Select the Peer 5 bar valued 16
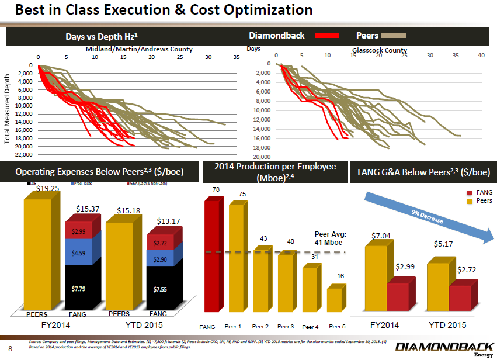point(333,300)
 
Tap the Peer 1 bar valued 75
point(235,257)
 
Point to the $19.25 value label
point(48,188)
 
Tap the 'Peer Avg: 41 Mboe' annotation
point(331,238)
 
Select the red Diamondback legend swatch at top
point(327,36)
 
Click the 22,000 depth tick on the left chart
point(23,154)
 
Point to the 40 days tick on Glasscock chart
point(481,56)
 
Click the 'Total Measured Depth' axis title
point(8,109)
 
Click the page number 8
point(11,351)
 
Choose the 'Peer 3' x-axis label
point(286,326)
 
